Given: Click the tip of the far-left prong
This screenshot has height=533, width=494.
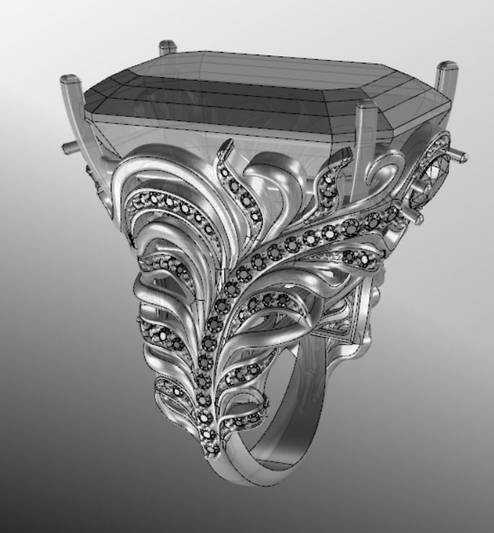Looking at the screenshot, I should (70, 77).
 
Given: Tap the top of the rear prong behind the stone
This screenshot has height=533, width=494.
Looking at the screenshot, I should (167, 45).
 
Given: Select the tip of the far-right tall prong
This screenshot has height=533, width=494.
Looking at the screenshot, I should (446, 69).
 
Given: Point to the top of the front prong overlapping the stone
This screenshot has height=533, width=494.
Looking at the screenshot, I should (367, 107).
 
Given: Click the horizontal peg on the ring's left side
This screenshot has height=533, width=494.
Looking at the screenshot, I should (69, 148).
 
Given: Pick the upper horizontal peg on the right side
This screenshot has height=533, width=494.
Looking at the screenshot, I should (458, 154).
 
